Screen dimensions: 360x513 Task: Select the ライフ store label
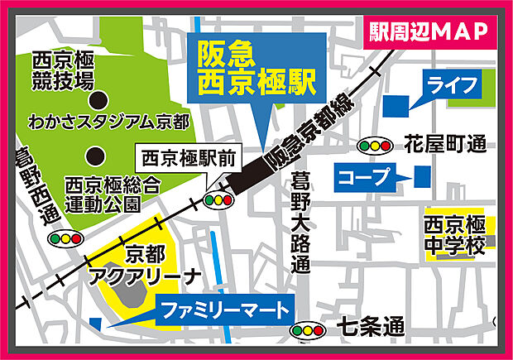pyautogui.click(x=452, y=84)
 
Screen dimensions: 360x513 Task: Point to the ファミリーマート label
pyautogui.click(x=224, y=312)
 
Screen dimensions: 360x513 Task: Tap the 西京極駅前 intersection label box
pyautogui.click(x=180, y=156)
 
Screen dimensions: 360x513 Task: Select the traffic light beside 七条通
pyautogui.click(x=308, y=332)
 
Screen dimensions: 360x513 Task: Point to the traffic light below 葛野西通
pyautogui.click(x=65, y=238)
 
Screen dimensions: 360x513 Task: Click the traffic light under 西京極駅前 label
pyautogui.click(x=217, y=199)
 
